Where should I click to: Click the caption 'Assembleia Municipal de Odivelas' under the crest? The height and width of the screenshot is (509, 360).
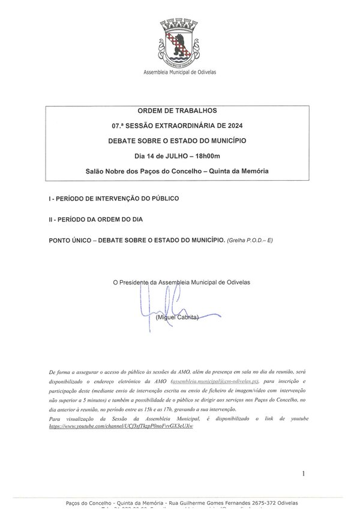(179, 71)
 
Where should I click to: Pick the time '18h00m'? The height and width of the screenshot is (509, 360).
(198, 156)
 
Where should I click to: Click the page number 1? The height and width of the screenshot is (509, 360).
(305, 474)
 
